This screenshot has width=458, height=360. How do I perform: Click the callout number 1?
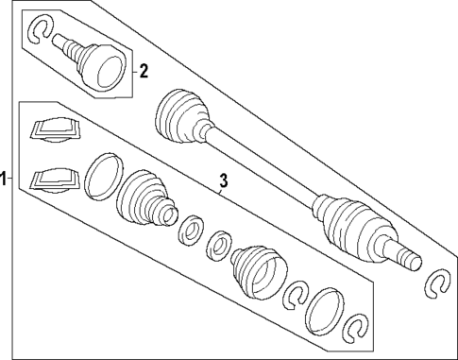tap(5, 178)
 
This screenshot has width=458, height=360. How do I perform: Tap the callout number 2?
tap(144, 69)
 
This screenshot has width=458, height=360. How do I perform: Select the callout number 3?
tap(223, 180)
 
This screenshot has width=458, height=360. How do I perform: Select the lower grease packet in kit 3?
tap(51, 179)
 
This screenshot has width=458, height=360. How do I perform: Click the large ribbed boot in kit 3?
tap(144, 199)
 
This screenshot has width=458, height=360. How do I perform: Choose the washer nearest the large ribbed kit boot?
tap(190, 230)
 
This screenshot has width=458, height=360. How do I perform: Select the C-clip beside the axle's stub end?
tap(438, 282)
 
